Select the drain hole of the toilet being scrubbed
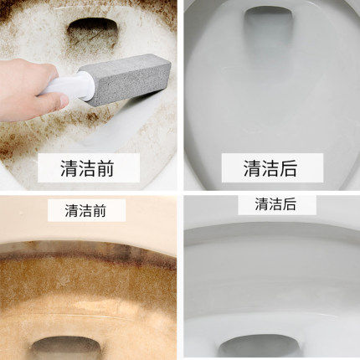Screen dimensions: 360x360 [92, 28]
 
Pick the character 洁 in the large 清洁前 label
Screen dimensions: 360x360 [87, 168]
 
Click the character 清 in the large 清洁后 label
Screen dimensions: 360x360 [252, 168]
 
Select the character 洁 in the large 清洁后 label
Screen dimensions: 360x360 [270, 168]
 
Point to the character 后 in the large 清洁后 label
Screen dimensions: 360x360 [287, 168]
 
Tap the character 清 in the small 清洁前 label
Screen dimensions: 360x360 [72, 210]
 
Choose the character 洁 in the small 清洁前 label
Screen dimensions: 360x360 [85, 210]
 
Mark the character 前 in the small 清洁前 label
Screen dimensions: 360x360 [99, 210]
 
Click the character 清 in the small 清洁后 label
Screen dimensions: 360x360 [261, 204]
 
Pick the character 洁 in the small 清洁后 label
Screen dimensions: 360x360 [275, 204]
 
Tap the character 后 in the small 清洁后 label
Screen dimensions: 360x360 [289, 204]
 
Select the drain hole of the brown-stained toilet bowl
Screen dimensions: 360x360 [66, 347]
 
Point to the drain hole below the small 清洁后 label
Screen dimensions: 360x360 [260, 346]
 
